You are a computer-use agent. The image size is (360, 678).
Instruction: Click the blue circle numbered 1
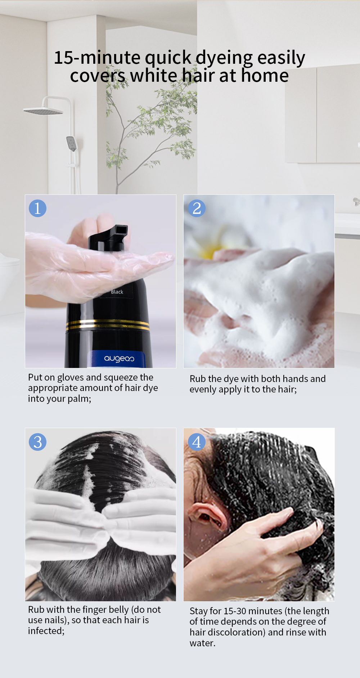point(37,208)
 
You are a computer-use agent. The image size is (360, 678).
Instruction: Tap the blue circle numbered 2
point(197,208)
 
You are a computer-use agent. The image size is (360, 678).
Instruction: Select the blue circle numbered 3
point(37,442)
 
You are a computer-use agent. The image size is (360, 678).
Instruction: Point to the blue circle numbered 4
point(197,442)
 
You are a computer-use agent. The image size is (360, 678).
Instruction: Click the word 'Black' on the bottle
point(117,292)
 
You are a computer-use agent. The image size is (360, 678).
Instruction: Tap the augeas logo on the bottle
point(119,359)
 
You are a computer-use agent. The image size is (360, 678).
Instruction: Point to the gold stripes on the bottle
point(108,325)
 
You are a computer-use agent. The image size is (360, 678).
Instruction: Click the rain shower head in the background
point(43,111)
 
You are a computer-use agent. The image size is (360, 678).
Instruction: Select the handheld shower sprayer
point(72,144)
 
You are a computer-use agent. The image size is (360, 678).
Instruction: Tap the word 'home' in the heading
point(265,76)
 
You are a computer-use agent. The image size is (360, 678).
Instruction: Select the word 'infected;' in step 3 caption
point(46,631)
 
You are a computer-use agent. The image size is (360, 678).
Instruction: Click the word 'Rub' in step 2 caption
point(198,379)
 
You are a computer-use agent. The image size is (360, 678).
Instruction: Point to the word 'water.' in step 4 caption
point(202,643)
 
